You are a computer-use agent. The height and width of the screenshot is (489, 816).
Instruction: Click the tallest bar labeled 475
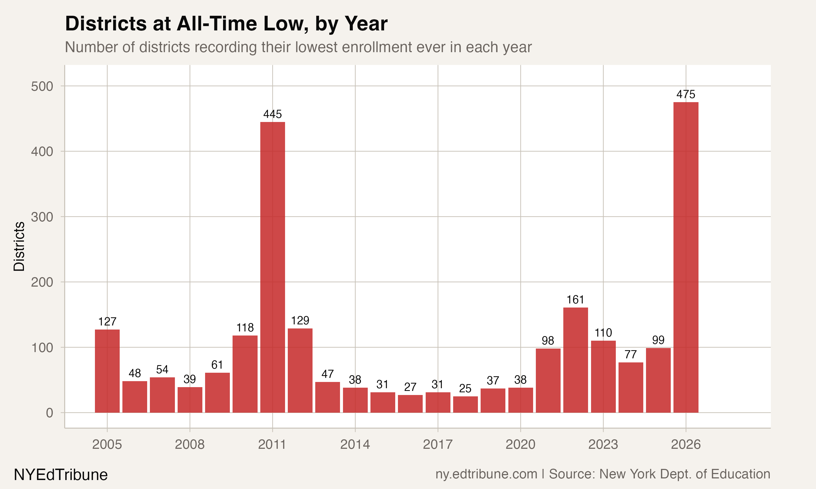[x=686, y=257]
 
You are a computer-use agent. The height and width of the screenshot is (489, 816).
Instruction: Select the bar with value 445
[x=273, y=267]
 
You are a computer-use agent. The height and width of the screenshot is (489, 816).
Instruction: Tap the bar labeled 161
[x=576, y=360]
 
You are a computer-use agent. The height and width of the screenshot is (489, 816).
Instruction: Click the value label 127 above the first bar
[x=107, y=322]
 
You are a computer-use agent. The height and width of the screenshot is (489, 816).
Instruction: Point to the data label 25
[x=465, y=388]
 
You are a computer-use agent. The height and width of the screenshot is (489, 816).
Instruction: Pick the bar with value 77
[x=631, y=387]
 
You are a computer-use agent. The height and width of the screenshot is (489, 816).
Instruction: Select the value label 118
[x=245, y=328]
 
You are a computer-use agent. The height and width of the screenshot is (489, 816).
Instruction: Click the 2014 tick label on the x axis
[x=355, y=444]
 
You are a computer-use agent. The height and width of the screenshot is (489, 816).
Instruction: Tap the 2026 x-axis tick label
[x=686, y=444]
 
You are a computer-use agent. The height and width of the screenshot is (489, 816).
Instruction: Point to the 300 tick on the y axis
[x=42, y=217]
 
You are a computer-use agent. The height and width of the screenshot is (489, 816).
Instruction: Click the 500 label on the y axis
[x=42, y=86]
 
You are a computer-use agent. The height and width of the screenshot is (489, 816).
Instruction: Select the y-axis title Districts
[x=19, y=246]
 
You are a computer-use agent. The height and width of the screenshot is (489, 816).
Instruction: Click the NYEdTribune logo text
[x=61, y=475]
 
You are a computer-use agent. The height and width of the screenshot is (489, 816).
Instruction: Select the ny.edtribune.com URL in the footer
[x=486, y=474]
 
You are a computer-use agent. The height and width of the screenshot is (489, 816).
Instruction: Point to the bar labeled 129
[x=300, y=370]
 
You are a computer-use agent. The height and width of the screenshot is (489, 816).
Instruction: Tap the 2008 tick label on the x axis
[x=190, y=444]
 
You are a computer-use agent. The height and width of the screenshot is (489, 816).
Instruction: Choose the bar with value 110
[x=603, y=376]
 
